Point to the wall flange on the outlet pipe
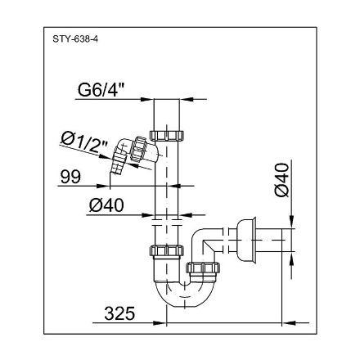[244, 240]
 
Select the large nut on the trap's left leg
[166, 252]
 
